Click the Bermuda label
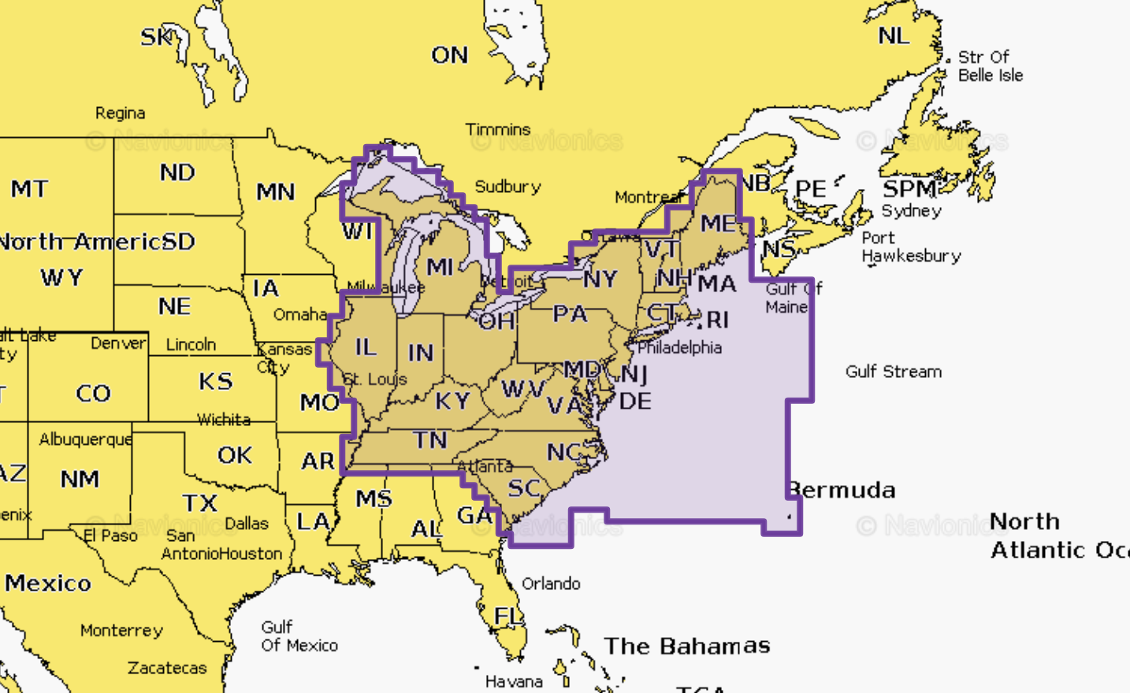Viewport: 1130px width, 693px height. coord(842,490)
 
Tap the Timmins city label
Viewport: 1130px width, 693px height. coord(497,129)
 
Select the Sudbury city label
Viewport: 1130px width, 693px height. coord(507,187)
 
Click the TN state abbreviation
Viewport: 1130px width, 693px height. coord(429,439)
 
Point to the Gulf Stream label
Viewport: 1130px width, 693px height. coord(893,371)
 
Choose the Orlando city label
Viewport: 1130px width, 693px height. coord(551,584)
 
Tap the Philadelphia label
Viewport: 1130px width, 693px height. coord(679,347)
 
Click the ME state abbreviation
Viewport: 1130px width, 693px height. coord(718,224)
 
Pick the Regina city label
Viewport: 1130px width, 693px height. coord(120,113)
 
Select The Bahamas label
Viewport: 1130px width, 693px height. coord(686,646)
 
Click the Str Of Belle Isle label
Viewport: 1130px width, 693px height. coord(990,66)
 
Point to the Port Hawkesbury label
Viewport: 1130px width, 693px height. coord(910,246)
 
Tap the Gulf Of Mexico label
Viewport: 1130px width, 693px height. coord(299,636)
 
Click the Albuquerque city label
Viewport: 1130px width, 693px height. coord(85,439)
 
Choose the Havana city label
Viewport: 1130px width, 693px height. coord(513,681)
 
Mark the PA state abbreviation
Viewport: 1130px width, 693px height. coord(570,313)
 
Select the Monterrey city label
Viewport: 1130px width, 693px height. coord(121,630)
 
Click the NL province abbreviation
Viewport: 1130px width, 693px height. coord(894,35)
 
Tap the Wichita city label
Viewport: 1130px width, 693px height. coord(224,420)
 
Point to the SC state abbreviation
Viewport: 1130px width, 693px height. coord(524,488)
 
